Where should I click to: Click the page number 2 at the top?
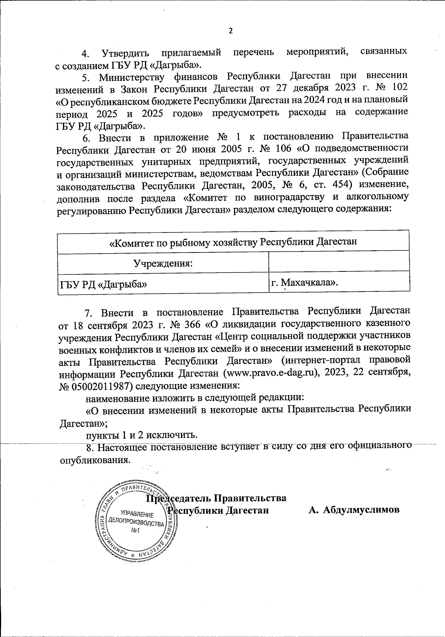coord(230,31)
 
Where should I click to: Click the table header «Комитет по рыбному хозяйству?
coord(233,242)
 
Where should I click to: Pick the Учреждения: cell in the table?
coord(163,263)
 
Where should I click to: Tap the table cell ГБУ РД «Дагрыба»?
coord(103,284)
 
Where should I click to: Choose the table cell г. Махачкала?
coord(304,283)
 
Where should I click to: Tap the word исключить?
coord(167,434)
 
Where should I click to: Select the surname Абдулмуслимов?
coord(361,509)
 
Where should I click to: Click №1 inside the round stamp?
coord(135,531)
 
